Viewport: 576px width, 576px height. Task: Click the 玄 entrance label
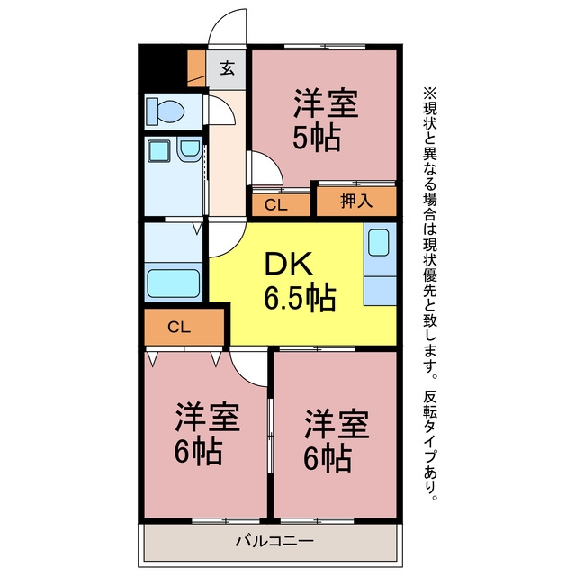coord(228,68)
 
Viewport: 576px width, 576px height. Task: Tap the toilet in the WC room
coord(165,111)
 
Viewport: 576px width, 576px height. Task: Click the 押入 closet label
coord(356,201)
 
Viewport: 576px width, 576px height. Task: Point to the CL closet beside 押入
coord(281,204)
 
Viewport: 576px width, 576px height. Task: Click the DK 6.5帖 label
coord(300,281)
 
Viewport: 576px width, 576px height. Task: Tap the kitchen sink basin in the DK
coord(378,242)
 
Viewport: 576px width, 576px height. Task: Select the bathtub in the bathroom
coord(174,283)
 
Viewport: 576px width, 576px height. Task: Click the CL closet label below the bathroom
coord(179,327)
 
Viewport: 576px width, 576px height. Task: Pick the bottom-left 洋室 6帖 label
coord(207,434)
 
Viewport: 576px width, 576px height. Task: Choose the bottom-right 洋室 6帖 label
coord(336,440)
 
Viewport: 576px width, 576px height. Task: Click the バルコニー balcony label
coord(274,541)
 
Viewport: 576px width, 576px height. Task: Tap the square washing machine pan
coord(159,151)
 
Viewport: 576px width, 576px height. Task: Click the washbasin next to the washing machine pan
coord(190,149)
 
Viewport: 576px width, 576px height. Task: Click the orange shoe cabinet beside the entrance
coord(196,68)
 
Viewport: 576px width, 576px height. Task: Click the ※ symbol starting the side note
coord(430,93)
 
